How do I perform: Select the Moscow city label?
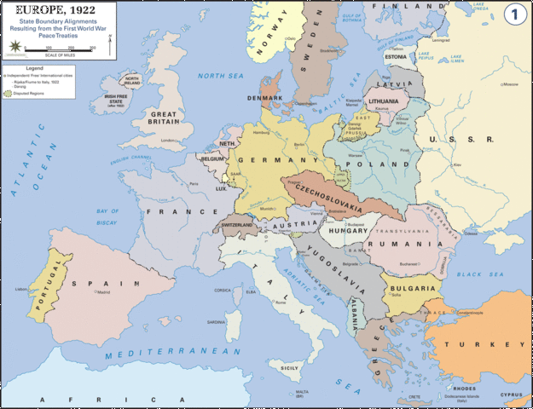[x=510, y=84]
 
